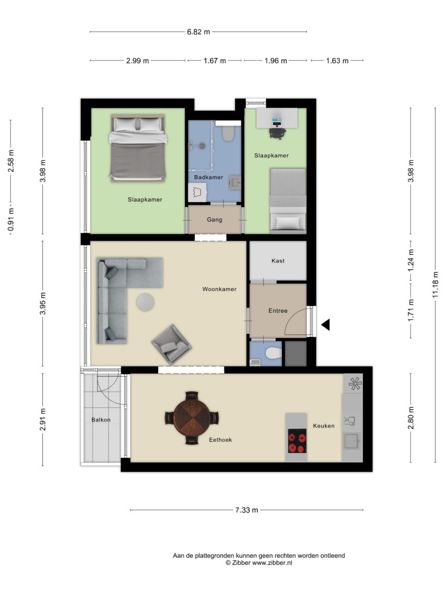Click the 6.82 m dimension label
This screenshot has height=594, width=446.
pyautogui.click(x=198, y=32)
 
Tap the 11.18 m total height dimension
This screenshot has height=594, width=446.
pyautogui.click(x=435, y=285)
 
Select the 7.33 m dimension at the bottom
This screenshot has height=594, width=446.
pyautogui.click(x=246, y=510)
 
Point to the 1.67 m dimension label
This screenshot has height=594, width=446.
pyautogui.click(x=214, y=61)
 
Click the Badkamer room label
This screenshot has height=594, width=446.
pyautogui.click(x=209, y=177)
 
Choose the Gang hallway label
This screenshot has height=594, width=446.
pyautogui.click(x=214, y=219)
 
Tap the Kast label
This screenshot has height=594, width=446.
pyautogui.click(x=278, y=261)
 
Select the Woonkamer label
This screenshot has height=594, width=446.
pyautogui.click(x=219, y=289)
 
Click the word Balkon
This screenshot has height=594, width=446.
pyautogui.click(x=101, y=420)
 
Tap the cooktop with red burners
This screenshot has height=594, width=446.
pyautogui.click(x=297, y=441)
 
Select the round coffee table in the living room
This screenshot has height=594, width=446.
pyautogui.click(x=145, y=302)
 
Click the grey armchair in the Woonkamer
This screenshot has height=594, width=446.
pyautogui.click(x=171, y=344)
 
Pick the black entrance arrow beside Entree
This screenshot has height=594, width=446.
pyautogui.click(x=326, y=324)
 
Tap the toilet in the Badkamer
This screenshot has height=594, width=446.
pyautogui.click(x=227, y=133)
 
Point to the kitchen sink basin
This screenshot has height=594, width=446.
pyautogui.click(x=352, y=441)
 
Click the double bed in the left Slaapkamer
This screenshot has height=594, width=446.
pyautogui.click(x=138, y=148)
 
